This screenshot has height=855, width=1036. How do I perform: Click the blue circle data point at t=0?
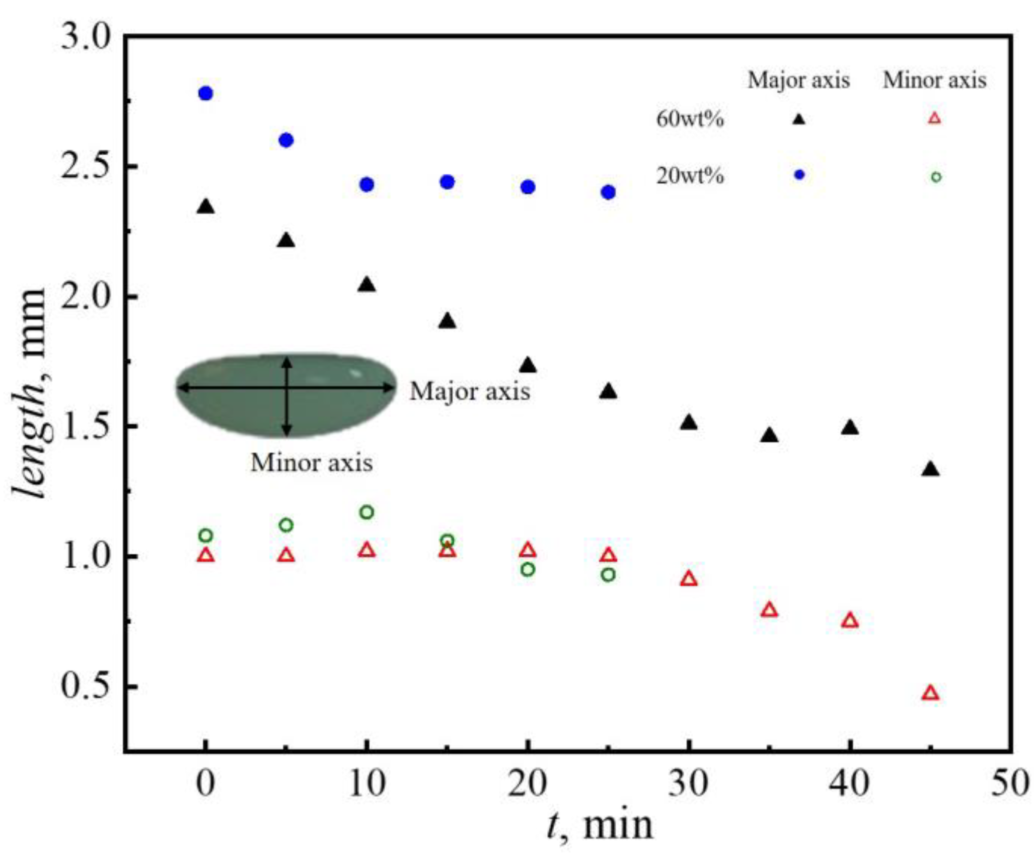pos(205,93)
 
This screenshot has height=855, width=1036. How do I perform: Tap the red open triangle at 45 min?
pos(931,693)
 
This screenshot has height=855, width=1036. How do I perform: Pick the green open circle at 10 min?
pos(366,512)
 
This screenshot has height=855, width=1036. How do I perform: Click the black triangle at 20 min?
pos(528,365)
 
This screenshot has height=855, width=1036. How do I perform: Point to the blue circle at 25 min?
pos(608,192)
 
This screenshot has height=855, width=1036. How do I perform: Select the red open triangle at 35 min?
pos(769,610)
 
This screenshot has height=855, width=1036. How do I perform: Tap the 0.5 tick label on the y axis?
pos(85,687)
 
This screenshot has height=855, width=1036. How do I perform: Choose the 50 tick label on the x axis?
pos(1009,784)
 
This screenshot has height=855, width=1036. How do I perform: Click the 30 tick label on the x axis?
pos(688,784)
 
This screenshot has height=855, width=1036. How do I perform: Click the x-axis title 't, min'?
pos(599,826)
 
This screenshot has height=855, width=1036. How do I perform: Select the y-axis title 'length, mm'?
pos(30,393)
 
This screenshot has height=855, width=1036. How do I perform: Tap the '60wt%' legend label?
pos(690,119)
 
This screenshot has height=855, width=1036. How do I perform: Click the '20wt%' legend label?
pos(690,176)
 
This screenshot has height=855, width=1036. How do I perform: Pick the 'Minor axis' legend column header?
pos(934,80)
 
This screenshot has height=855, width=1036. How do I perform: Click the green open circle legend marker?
pos(936,177)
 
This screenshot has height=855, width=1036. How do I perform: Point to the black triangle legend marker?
pos(799,119)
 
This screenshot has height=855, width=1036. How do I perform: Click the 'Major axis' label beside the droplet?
pos(470,391)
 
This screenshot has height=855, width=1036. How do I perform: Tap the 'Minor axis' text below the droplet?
pos(312,463)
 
